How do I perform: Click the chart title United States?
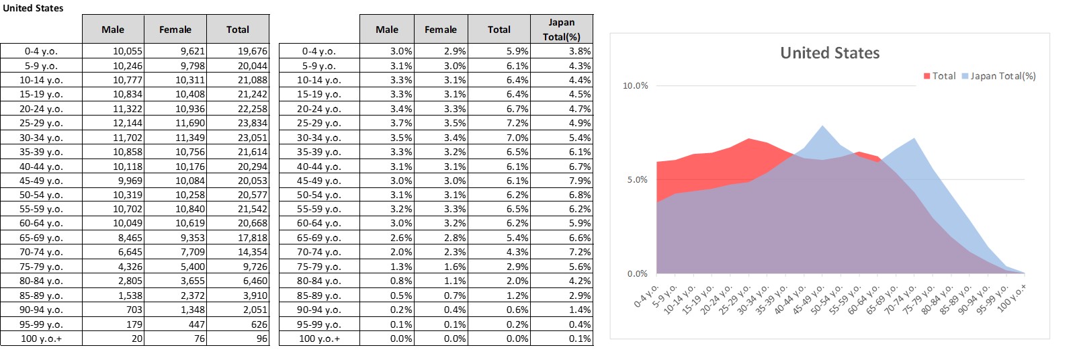(x=830, y=53)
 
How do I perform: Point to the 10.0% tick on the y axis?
(x=636, y=86)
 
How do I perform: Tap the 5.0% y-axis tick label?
(x=637, y=180)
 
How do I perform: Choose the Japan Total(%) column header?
(x=561, y=30)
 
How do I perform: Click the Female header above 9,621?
(x=175, y=30)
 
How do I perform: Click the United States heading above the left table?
(x=33, y=8)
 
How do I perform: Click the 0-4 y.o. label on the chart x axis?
(x=646, y=296)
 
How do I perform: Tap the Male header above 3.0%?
(x=387, y=30)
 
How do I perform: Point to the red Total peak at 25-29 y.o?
(x=748, y=139)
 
